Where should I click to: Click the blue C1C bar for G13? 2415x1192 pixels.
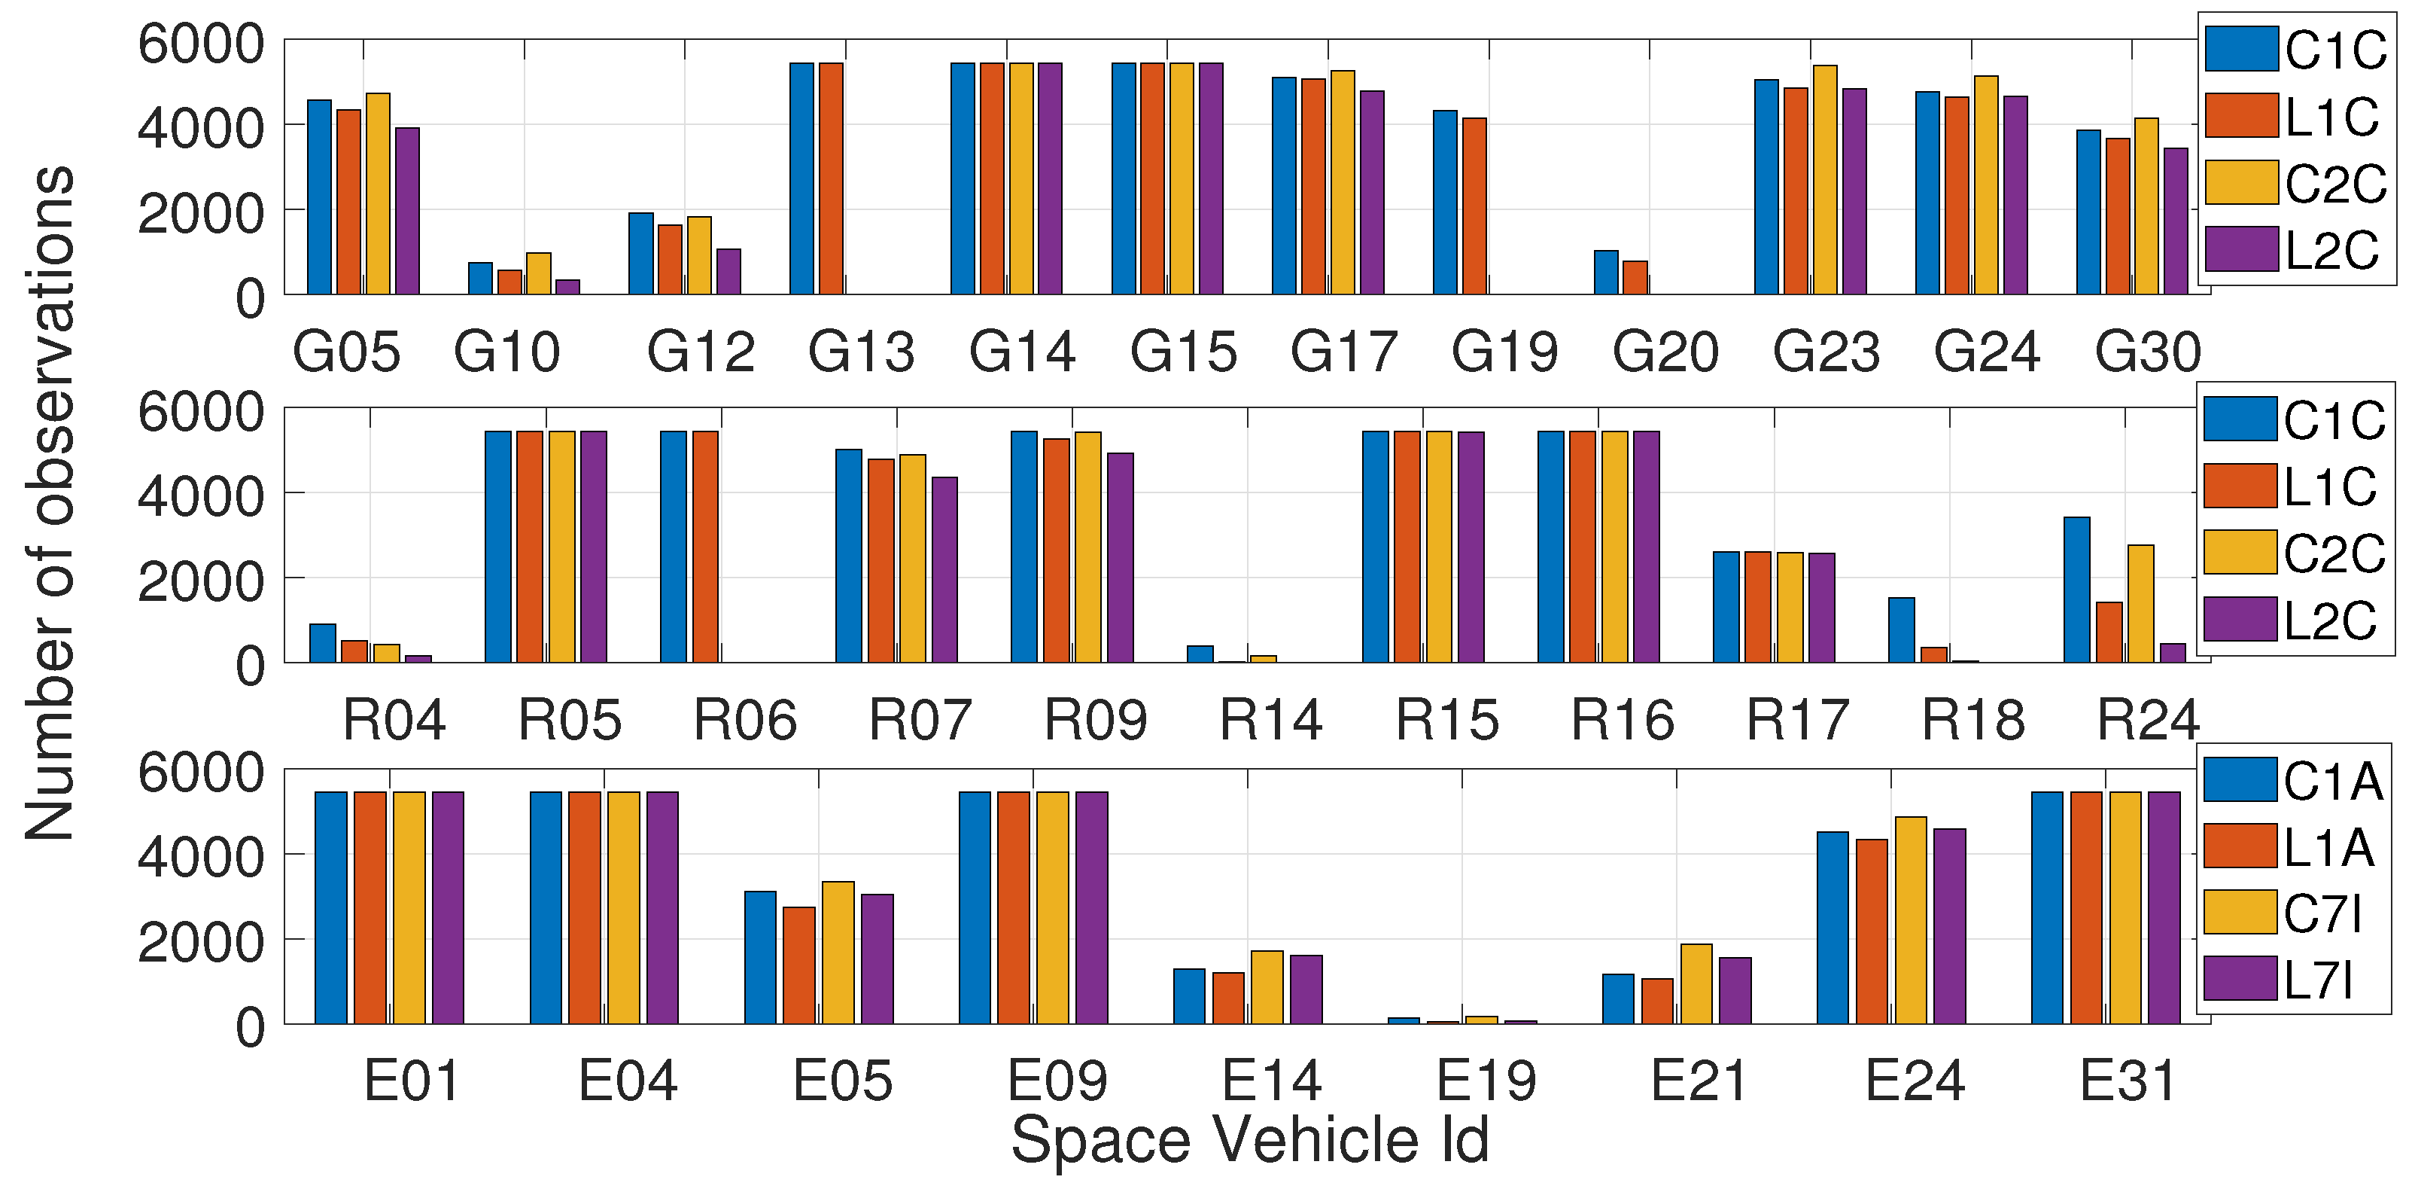[x=801, y=178]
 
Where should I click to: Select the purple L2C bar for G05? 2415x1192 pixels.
[x=407, y=211]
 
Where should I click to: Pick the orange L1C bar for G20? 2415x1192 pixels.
[x=1635, y=278]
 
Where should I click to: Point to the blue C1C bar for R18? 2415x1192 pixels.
[x=1901, y=630]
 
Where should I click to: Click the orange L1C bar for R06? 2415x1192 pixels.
[x=705, y=546]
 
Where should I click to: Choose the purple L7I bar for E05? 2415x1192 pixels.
[x=877, y=959]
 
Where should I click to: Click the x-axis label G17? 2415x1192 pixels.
[x=1343, y=352]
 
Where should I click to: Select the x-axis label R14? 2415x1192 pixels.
[x=1270, y=721]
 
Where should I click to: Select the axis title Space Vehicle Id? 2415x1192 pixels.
[x=1250, y=1139]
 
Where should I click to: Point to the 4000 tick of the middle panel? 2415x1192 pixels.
[x=199, y=496]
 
